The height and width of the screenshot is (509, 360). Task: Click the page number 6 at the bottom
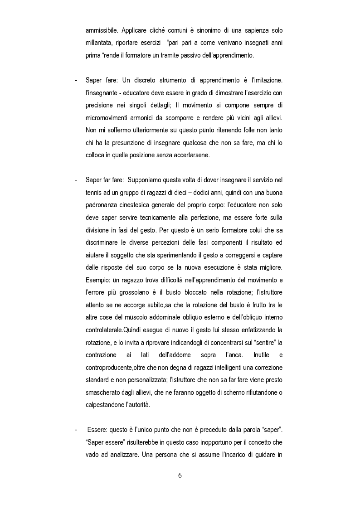180,476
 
